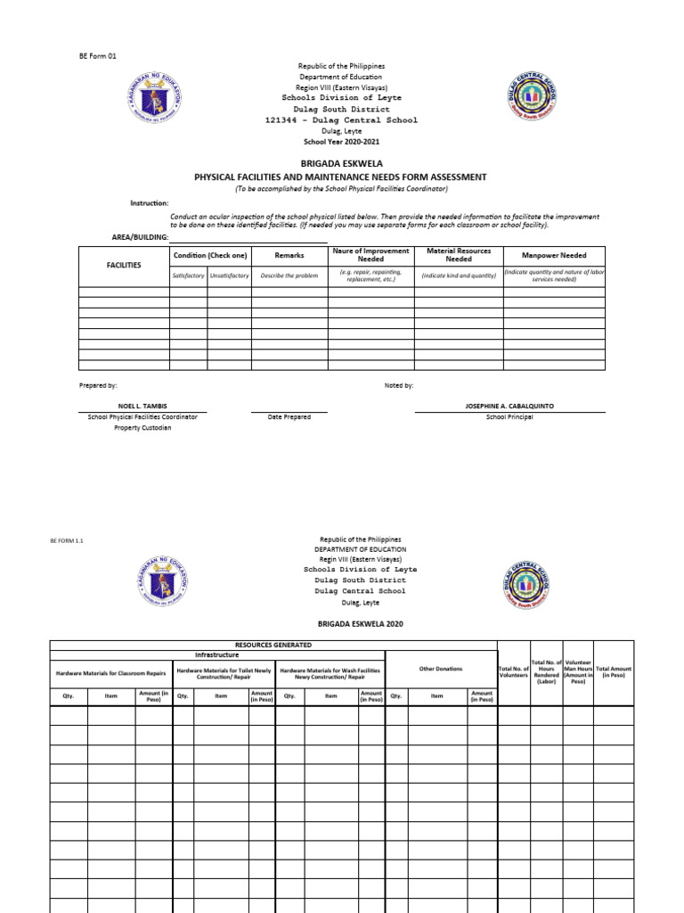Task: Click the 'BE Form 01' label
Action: pos(98,55)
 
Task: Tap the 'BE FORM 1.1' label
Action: pos(67,540)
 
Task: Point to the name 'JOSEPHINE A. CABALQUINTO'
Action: pos(509,406)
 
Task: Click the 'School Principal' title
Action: pos(509,417)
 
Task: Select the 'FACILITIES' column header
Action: pos(124,266)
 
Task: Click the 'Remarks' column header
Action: pos(289,256)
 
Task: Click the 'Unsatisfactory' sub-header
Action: pos(230,276)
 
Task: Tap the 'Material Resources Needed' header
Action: pos(459,255)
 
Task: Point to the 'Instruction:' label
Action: pos(150,203)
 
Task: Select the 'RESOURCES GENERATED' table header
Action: pos(273,644)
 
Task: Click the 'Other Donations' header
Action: pos(441,669)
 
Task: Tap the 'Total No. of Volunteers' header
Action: pos(514,672)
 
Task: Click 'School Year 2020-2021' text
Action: pos(341,142)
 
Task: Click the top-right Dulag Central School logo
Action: pos(531,96)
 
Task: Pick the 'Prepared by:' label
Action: pos(98,385)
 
